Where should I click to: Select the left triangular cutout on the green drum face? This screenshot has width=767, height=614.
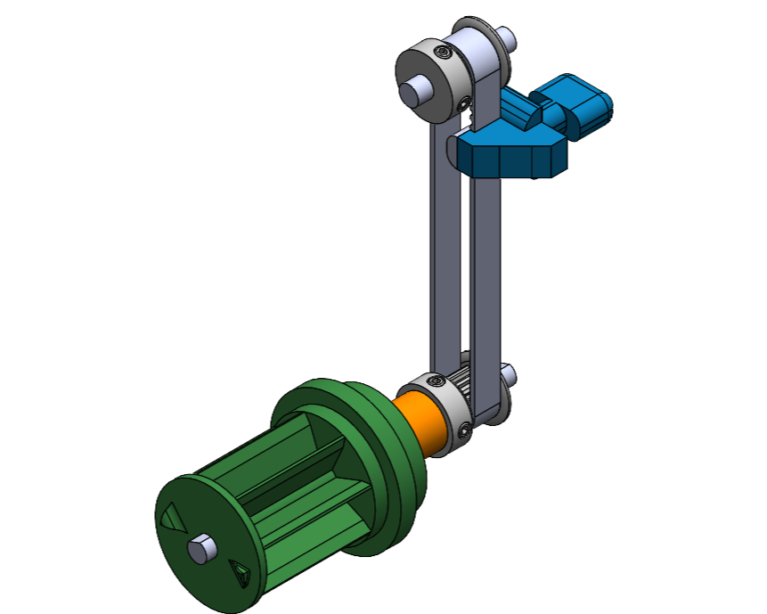tap(168, 517)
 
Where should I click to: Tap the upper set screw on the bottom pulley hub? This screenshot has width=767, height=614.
tap(434, 381)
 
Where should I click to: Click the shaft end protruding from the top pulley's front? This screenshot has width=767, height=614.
tap(414, 90)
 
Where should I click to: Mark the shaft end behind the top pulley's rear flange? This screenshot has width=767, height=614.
tap(508, 37)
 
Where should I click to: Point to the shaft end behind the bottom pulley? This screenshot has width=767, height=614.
tap(508, 371)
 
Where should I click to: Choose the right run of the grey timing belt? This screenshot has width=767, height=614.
tap(486, 267)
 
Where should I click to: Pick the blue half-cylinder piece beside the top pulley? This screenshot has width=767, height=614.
tap(521, 111)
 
